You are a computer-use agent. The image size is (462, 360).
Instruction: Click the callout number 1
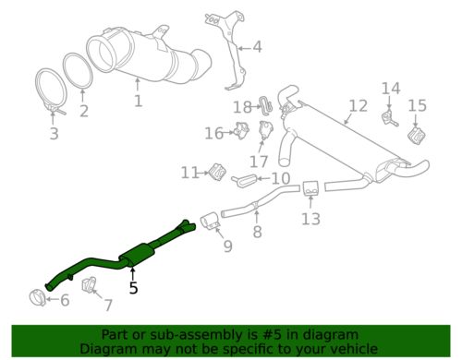point(138,100)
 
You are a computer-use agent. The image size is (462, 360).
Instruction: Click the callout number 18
point(242,107)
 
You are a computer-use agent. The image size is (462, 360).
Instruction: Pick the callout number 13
point(310,219)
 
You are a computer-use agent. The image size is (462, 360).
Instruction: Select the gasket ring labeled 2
point(81,74)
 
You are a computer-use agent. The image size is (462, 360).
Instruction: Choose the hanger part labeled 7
point(91,286)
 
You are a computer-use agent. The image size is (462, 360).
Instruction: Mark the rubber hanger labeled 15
point(416,136)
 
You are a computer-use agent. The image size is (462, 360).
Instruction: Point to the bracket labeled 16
point(242,130)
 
